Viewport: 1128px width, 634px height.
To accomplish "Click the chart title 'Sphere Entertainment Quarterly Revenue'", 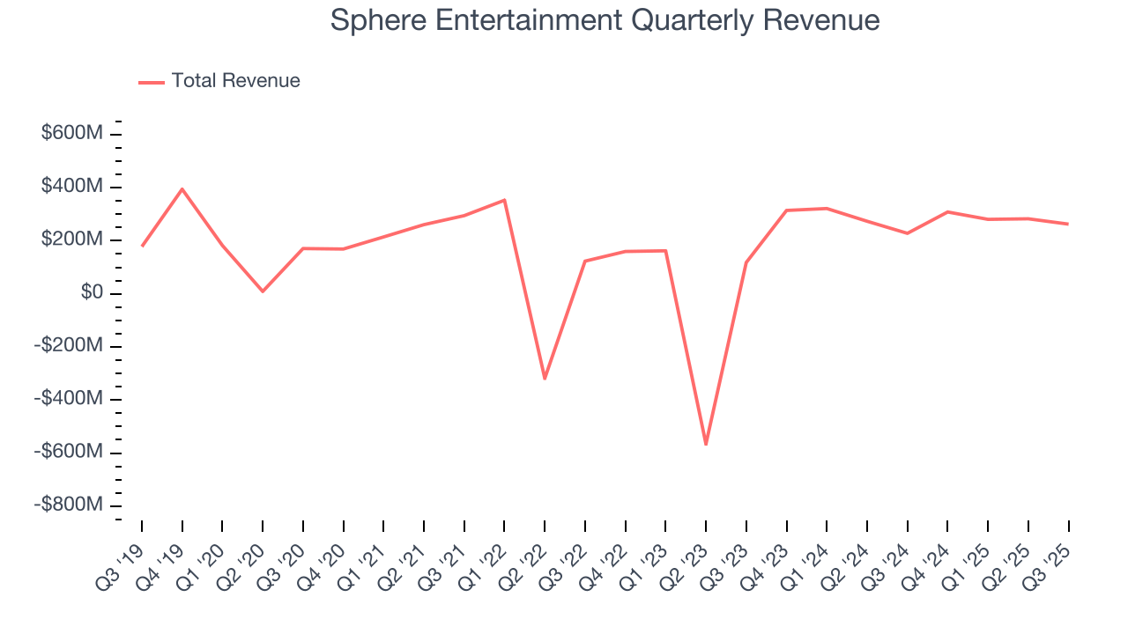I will (605, 20).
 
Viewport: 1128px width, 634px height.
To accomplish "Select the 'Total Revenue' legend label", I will (235, 81).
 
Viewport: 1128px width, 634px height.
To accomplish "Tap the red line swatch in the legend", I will (152, 82).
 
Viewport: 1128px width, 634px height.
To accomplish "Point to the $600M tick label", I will (72, 133).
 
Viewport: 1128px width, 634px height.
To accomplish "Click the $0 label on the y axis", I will (92, 292).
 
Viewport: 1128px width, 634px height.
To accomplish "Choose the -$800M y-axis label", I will (69, 505).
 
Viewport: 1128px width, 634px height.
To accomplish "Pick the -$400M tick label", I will (69, 399).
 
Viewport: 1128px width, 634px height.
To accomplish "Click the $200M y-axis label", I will (72, 240).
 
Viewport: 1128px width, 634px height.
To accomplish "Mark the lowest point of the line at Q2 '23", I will (706, 445).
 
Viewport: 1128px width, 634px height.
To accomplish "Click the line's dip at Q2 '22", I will (545, 379).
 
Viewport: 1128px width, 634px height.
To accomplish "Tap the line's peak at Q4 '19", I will (182, 188).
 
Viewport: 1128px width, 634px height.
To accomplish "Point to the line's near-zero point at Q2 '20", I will (263, 291).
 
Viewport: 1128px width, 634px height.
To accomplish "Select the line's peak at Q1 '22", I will (504, 200).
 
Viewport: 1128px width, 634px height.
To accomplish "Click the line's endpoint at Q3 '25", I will (1068, 224).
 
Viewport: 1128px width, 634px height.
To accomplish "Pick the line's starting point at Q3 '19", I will (142, 246).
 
